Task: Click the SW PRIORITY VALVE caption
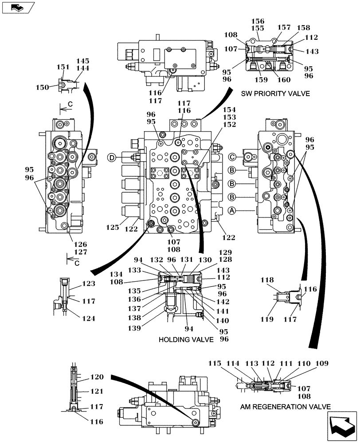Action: click(x=275, y=93)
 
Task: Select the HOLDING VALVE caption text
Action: click(x=186, y=339)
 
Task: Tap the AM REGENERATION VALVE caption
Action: click(x=286, y=407)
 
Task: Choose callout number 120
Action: click(x=97, y=377)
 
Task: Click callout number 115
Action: click(x=215, y=364)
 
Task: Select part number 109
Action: click(x=322, y=364)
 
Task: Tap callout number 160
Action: click(x=284, y=80)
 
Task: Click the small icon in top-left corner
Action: click(x=17, y=8)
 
